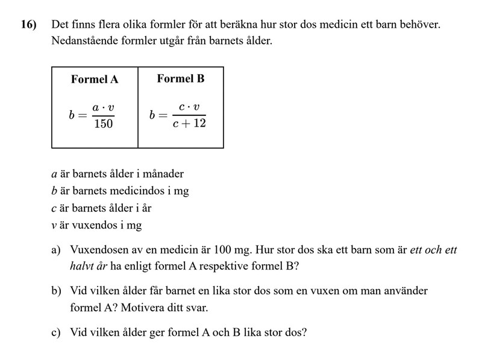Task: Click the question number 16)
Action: point(28,25)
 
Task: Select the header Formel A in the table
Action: point(95,79)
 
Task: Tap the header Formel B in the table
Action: point(181,78)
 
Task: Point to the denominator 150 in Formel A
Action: point(103,124)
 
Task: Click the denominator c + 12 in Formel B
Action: point(189,124)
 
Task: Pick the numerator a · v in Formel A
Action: point(103,108)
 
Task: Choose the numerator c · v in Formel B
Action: point(189,107)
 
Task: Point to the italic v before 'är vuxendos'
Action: point(54,226)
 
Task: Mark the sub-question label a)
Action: point(56,249)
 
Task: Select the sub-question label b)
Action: point(56,291)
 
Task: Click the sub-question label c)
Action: point(56,332)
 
